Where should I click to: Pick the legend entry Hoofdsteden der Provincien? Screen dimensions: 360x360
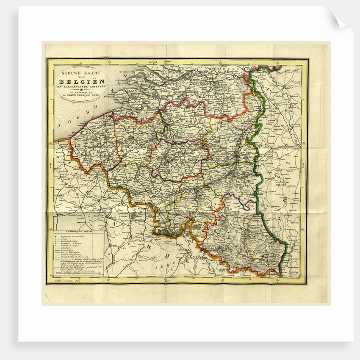(72, 234)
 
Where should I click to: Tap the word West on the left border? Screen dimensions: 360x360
(51, 167)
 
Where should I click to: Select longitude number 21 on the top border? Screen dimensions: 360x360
(109, 61)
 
